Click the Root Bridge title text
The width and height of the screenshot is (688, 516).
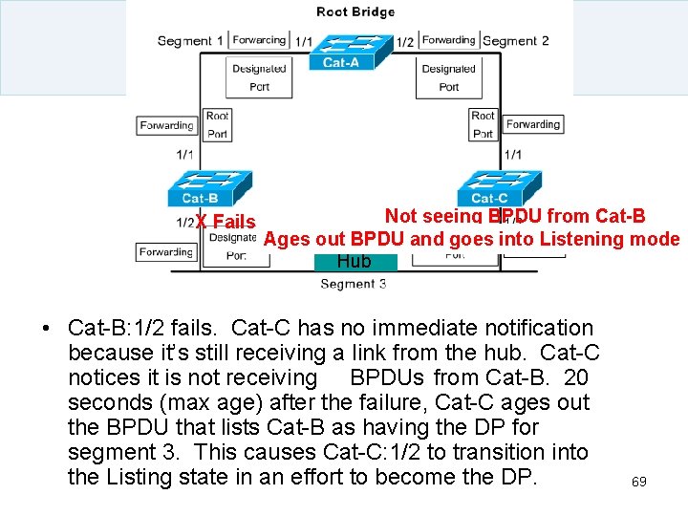point(355,12)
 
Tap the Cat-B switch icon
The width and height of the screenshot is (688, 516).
point(205,187)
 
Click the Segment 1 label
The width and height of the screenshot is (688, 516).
point(190,41)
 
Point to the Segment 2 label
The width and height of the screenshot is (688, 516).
point(516,41)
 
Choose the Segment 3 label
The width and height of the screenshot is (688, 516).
point(354,284)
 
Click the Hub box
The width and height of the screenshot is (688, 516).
point(354,261)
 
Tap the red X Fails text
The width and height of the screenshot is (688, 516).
point(226,222)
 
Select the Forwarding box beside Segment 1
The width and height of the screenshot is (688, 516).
point(258,40)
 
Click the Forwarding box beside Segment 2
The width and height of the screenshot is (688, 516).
point(448,40)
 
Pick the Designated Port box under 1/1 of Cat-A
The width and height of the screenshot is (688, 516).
point(258,77)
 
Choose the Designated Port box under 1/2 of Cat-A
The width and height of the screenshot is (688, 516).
point(448,77)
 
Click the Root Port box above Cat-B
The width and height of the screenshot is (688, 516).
point(217,124)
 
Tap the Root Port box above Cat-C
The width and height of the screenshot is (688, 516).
point(483,124)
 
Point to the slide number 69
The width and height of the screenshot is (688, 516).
point(638,482)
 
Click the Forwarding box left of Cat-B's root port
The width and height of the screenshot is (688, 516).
point(166,125)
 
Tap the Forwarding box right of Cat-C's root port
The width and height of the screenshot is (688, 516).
point(532,124)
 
